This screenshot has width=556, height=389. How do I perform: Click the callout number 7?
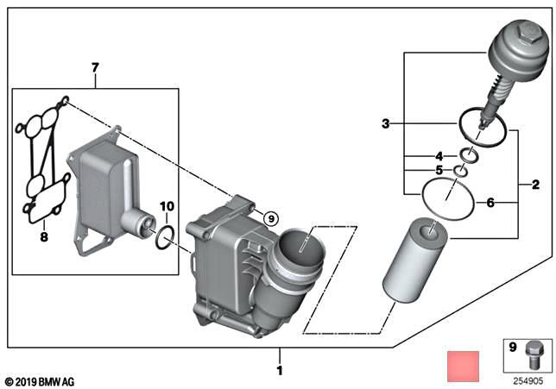96,66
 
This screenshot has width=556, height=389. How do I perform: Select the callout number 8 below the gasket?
42,235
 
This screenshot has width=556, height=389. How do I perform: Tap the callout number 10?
167,206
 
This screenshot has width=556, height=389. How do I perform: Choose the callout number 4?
439,156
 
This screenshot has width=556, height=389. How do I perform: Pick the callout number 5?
439,171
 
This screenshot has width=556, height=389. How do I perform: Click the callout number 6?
490,204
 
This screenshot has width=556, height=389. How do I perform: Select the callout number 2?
524,185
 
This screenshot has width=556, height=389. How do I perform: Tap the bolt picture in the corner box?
533,356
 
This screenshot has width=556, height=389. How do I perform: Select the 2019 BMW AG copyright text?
40,380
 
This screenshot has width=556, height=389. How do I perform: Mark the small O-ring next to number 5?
462,172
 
